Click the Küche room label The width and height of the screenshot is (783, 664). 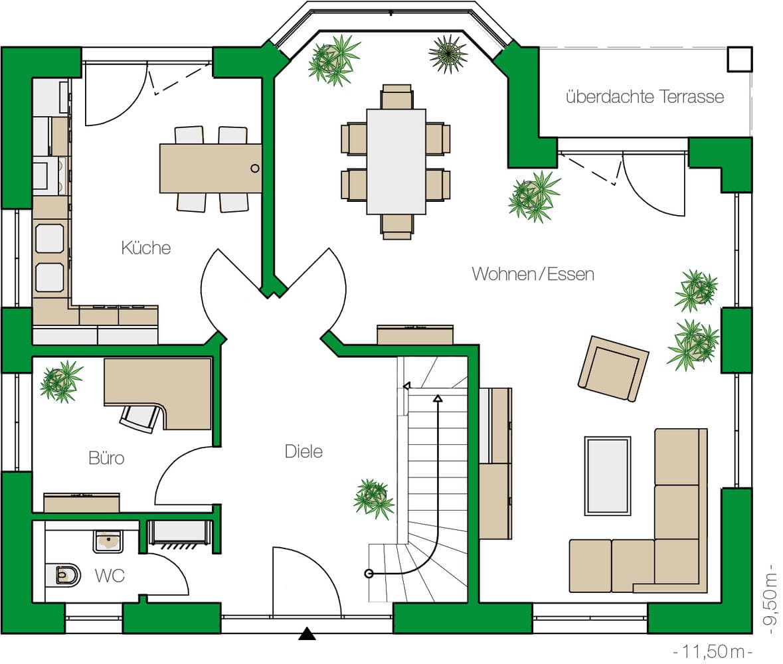[146, 248]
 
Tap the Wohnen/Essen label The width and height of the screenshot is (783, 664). [533, 274]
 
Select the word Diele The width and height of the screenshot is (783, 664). [304, 452]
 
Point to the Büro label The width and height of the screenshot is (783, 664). [106, 457]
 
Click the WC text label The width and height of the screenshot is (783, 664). [110, 576]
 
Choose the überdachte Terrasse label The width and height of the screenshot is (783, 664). [645, 96]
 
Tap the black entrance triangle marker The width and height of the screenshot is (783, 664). [307, 634]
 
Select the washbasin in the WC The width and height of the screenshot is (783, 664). [108, 541]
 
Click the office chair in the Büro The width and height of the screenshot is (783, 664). [140, 418]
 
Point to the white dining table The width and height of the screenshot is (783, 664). [396, 161]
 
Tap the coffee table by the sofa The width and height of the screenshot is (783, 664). [607, 476]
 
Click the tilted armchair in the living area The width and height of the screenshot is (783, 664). [613, 369]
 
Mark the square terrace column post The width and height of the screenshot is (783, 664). [740, 59]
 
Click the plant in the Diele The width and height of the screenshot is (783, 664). [373, 498]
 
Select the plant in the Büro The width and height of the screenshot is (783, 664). [61, 381]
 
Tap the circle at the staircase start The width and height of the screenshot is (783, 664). [369, 574]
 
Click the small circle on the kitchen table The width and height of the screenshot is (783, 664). [254, 168]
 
